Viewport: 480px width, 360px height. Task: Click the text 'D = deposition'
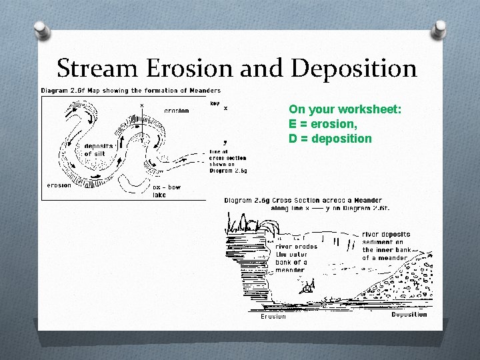pos(330,139)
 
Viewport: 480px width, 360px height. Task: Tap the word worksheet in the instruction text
pos(369,109)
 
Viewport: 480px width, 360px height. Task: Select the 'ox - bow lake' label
pos(166,191)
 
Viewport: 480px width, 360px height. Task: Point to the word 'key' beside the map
pos(214,103)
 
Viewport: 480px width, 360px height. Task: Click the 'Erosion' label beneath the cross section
pos(273,316)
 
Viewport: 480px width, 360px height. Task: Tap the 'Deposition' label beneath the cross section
pos(409,315)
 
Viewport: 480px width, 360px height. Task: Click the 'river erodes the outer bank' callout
pos(296,258)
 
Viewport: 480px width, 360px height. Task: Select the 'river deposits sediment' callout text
pos(386,246)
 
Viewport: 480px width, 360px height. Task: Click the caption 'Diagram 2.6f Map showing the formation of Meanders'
pos(131,91)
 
